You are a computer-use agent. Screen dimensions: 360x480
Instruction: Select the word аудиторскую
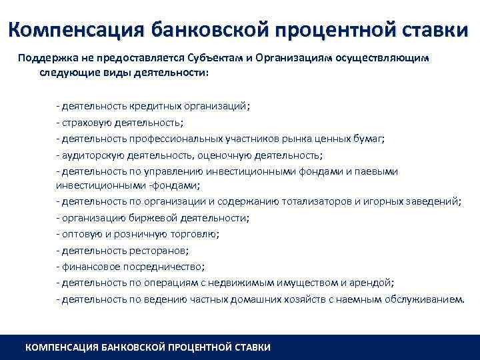point(89,155)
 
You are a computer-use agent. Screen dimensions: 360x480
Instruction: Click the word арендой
point(373,283)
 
